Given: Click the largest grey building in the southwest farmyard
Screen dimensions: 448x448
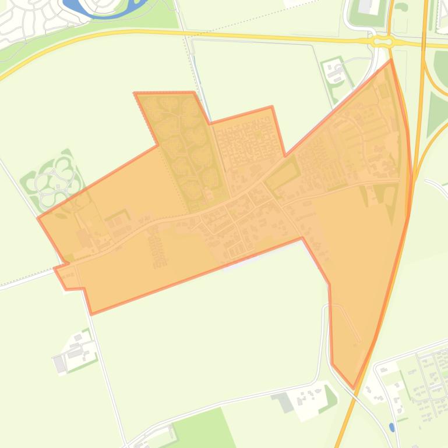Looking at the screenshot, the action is pyautogui.click(x=60, y=364).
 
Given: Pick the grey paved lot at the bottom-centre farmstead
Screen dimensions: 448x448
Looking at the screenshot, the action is pyautogui.click(x=284, y=401).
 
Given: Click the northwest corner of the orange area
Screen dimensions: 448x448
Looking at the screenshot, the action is pyautogui.click(x=135, y=93).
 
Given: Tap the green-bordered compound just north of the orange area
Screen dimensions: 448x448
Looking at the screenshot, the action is pyautogui.click(x=334, y=73).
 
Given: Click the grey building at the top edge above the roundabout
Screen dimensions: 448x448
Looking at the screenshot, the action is pyautogui.click(x=365, y=6).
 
